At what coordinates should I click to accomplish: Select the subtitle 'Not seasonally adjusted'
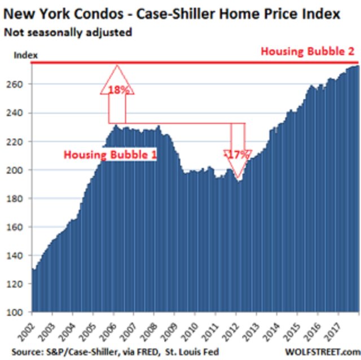68,32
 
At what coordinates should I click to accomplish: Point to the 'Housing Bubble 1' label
110,154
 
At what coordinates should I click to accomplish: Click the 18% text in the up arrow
116,89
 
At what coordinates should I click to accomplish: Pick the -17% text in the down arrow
237,153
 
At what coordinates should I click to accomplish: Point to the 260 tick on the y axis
20,84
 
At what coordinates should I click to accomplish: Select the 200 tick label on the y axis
20,170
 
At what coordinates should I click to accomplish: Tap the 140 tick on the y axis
20,256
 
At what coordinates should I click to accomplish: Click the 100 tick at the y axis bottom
20,312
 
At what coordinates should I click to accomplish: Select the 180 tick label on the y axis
20,199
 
